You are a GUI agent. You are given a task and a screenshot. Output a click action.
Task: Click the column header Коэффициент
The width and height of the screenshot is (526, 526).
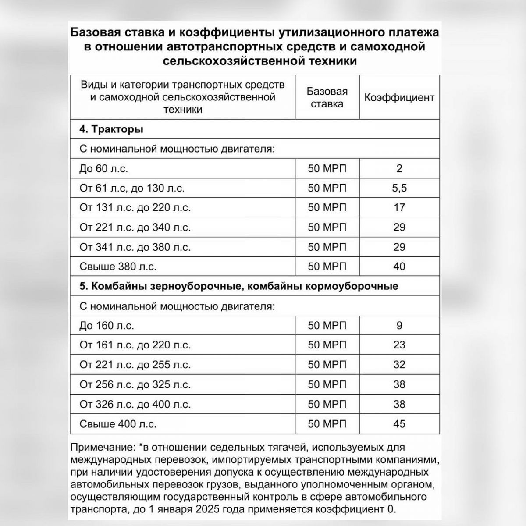(399, 97)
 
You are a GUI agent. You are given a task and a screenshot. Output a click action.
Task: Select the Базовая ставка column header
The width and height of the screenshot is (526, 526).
(327, 97)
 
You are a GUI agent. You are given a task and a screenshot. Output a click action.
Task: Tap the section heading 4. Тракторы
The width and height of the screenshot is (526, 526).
(111, 130)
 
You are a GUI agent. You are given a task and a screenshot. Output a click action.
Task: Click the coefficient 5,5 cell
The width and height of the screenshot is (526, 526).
(399, 188)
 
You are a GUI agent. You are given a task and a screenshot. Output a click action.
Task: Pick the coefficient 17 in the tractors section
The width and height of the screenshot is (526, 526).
(399, 207)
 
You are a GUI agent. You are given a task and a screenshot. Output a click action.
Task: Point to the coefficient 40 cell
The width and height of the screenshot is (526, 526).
(399, 267)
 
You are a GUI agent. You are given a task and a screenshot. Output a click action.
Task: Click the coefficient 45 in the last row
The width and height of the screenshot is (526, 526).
(399, 424)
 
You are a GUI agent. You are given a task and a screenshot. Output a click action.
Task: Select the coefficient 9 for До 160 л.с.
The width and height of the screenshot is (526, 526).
(399, 326)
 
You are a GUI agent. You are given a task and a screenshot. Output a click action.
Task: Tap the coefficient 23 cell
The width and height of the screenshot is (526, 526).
(399, 345)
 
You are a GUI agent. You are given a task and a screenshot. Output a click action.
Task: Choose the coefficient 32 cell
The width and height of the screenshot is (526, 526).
(399, 365)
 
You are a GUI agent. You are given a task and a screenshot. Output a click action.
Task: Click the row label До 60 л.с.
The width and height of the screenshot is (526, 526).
(104, 168)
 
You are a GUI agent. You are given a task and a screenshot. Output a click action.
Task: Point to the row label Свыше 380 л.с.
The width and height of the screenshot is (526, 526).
(118, 267)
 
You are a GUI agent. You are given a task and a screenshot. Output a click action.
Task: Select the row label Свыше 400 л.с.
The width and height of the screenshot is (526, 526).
(118, 424)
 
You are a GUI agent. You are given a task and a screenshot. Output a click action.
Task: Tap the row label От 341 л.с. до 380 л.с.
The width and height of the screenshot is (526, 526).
(135, 247)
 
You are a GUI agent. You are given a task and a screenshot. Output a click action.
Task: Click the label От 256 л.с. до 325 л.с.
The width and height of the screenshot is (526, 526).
(135, 384)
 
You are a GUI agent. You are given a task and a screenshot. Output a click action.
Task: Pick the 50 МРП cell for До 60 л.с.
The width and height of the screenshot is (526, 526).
(327, 168)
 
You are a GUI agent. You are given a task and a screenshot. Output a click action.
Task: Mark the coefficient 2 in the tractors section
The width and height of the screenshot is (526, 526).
(399, 168)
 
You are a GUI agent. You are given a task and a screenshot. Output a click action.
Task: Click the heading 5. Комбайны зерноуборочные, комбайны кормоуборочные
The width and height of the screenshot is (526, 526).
(239, 286)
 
